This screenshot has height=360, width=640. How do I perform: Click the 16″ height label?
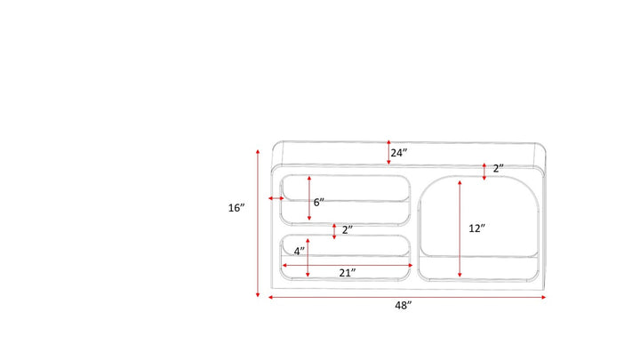pyautogui.click(x=236, y=208)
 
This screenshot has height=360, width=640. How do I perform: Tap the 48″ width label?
pyautogui.click(x=404, y=305)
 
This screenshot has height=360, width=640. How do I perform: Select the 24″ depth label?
pyautogui.click(x=399, y=153)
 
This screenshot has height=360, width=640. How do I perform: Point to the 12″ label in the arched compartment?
pyautogui.click(x=476, y=228)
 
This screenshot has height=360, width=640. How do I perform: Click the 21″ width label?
pyautogui.click(x=348, y=273)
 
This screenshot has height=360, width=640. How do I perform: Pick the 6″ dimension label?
pyautogui.click(x=319, y=202)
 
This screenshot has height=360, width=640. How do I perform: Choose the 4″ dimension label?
pyautogui.click(x=300, y=252)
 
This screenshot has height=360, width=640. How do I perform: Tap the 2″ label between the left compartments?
pyautogui.click(x=348, y=230)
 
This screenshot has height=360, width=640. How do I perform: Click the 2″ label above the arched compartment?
pyautogui.click(x=499, y=169)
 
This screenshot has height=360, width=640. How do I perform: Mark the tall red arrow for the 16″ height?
pyautogui.click(x=258, y=223)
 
